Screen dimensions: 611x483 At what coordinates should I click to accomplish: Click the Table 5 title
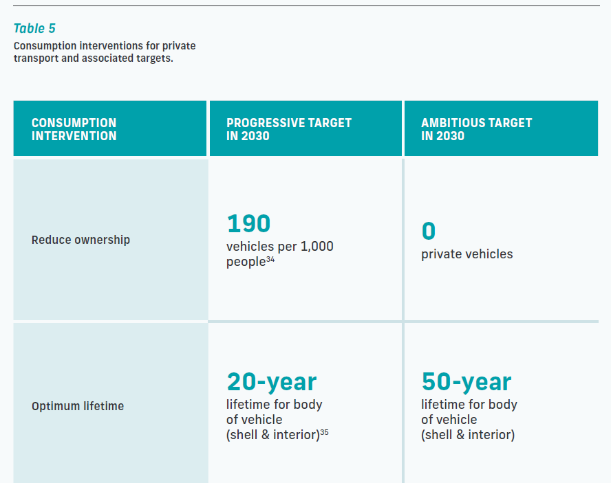click(x=34, y=28)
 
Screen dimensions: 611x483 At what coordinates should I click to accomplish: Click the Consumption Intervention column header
click(x=74, y=129)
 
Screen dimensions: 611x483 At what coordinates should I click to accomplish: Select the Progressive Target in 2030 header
click(x=289, y=129)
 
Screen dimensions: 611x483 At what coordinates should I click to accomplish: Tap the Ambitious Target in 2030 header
click(x=477, y=129)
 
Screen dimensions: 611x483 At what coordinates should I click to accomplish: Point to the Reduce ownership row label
click(x=81, y=240)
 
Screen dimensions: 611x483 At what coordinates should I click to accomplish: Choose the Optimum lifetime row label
click(x=78, y=406)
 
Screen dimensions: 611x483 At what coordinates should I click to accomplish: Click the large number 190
click(x=248, y=223)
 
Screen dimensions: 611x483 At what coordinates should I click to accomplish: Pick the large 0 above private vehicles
click(x=428, y=231)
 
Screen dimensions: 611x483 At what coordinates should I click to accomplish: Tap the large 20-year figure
click(x=272, y=382)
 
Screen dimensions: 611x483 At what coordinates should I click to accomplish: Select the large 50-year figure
click(x=467, y=382)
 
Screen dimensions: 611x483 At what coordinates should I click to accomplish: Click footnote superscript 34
click(x=270, y=259)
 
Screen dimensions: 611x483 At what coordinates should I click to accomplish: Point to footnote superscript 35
click(x=324, y=432)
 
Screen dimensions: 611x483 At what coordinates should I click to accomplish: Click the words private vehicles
click(x=467, y=254)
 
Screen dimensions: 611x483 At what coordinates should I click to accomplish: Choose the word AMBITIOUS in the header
click(x=448, y=123)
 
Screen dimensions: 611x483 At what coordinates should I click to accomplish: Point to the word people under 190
click(x=246, y=262)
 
